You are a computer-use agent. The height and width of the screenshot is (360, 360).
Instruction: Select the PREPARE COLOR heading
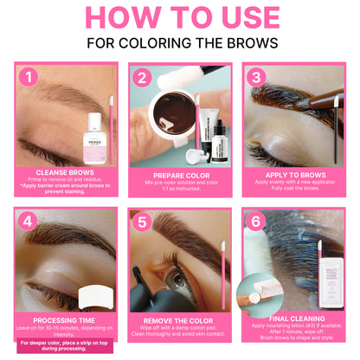[x=180, y=173]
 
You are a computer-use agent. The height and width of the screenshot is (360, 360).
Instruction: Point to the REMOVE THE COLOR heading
[x=180, y=318]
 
